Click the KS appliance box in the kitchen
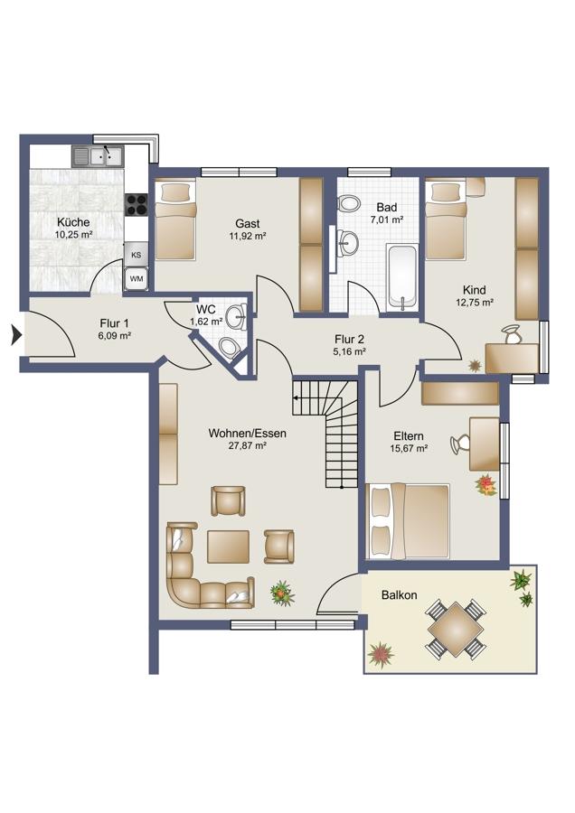pyautogui.click(x=136, y=255)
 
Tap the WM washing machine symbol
pyautogui.click(x=137, y=279)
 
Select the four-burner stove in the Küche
pyautogui.click(x=137, y=203)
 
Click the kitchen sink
pyautogui.click(x=98, y=155)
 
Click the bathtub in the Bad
pyautogui.click(x=402, y=277)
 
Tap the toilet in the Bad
pyautogui.click(x=348, y=202)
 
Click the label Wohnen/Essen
pyautogui.click(x=247, y=433)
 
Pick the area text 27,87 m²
pyautogui.click(x=248, y=445)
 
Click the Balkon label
pyautogui.click(x=399, y=594)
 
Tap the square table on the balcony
pyautogui.click(x=456, y=628)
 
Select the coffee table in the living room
pyautogui.click(x=228, y=546)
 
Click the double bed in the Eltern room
pyautogui.click(x=408, y=520)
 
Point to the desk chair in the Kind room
pyautogui.click(x=512, y=333)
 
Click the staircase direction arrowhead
pyautogui.click(x=296, y=398)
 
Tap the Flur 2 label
pyautogui.click(x=349, y=339)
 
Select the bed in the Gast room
pyautogui.click(x=176, y=219)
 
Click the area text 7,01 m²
pyautogui.click(x=387, y=220)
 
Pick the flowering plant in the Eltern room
pyautogui.click(x=486, y=485)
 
